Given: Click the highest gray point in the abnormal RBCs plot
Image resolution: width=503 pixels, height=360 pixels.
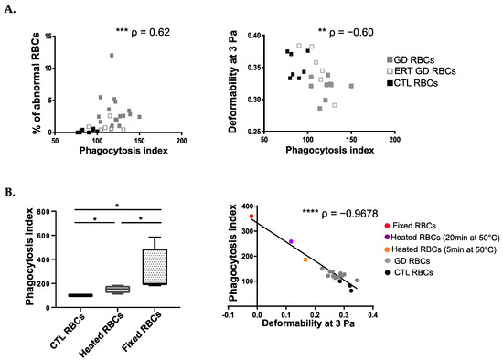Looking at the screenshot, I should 112,55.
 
